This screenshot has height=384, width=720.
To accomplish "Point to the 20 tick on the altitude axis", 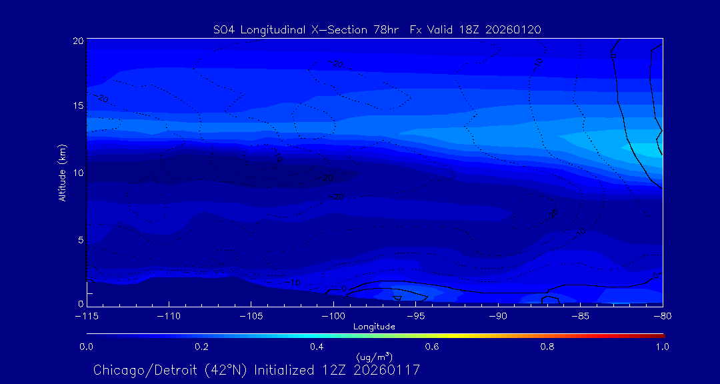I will (78, 41).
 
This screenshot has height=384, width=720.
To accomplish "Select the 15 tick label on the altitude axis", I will (78, 106).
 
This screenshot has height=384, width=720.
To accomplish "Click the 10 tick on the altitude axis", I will (78, 173).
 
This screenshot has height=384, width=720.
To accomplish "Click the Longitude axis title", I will (374, 327).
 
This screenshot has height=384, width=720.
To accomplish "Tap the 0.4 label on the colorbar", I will (317, 347).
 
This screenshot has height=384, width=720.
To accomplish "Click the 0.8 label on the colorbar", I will (547, 347).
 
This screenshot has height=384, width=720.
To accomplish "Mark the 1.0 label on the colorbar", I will (662, 347).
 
